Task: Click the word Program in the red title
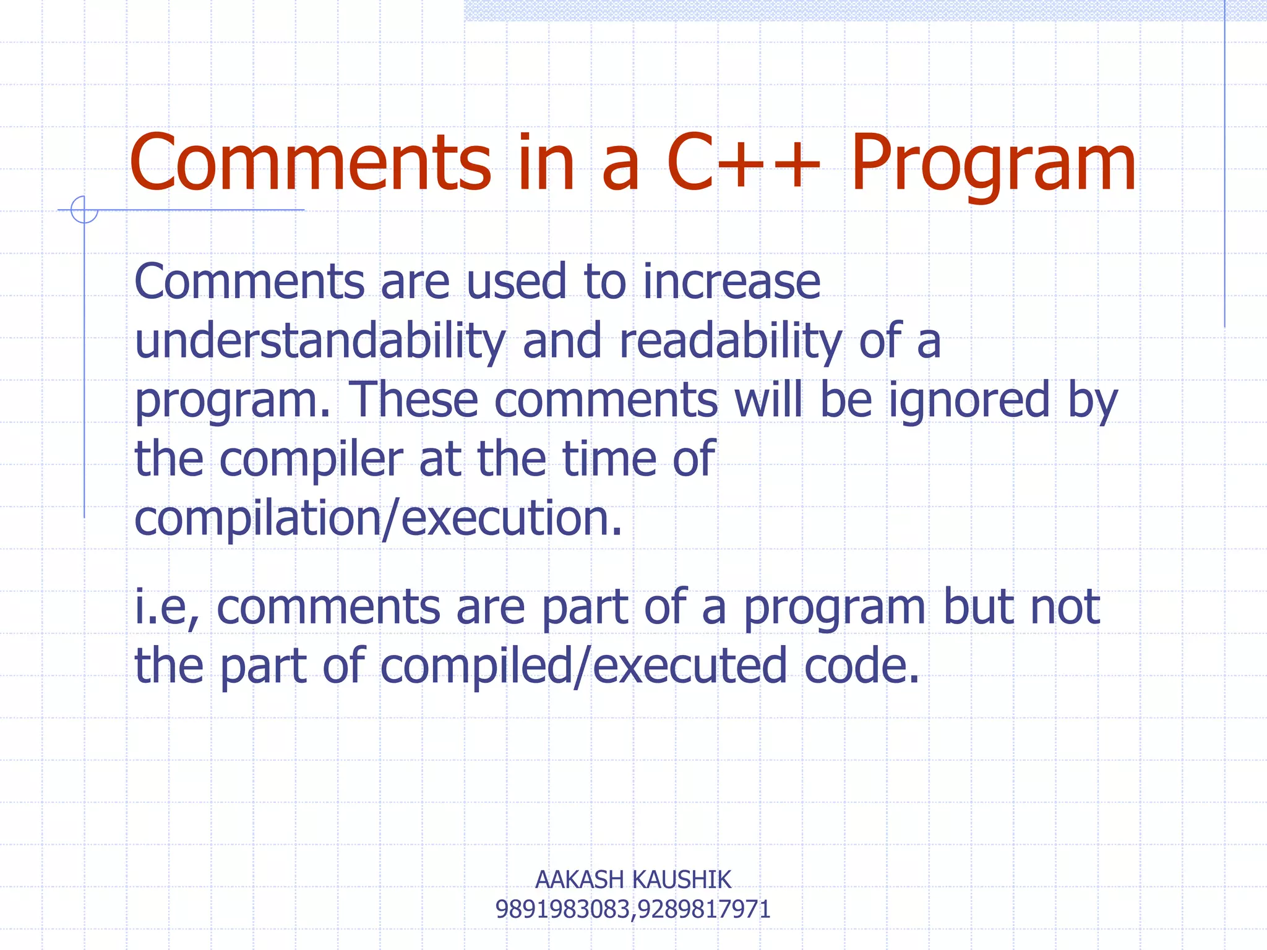coord(993,164)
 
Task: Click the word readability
coord(730,342)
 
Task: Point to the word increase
coord(731,282)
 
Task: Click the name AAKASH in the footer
coord(579,879)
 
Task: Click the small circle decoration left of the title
coord(84,210)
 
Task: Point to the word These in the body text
coord(414,401)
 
